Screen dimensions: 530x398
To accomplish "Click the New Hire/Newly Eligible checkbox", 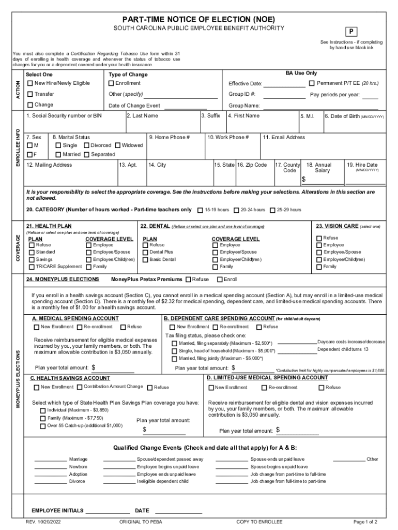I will click(30, 83).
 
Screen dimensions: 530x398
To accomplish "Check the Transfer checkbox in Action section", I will click(30, 94).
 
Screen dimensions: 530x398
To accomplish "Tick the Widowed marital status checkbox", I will click(118, 145).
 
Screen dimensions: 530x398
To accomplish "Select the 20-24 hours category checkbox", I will click(236, 210).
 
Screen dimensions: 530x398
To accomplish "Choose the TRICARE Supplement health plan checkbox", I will click(32, 267).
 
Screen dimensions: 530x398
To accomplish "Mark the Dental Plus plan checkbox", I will click(145, 252).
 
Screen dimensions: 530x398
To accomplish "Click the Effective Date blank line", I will click(285, 84).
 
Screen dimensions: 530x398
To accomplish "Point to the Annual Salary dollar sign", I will click(304, 180).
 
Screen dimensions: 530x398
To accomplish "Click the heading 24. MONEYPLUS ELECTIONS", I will click(63, 279).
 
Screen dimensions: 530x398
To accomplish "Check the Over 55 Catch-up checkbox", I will click(43, 426).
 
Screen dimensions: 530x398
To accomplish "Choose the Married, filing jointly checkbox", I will click(175, 358).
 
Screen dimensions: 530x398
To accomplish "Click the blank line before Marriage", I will click(50, 460).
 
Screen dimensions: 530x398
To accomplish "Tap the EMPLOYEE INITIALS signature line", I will click(108, 511).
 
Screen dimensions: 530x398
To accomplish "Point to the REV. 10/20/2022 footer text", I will click(47, 522).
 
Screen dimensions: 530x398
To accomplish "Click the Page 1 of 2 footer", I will click(365, 522).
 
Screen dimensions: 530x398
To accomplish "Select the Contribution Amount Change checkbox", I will click(80, 387).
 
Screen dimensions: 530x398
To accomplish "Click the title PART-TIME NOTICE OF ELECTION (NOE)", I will click(198, 19).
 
